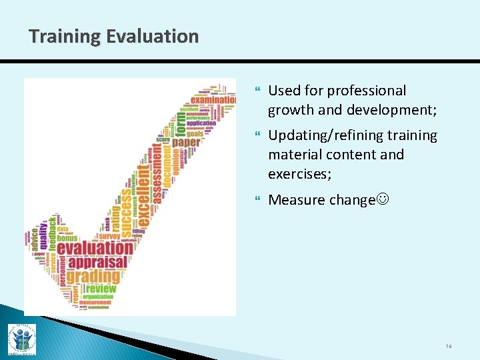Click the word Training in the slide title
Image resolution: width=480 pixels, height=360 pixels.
62,36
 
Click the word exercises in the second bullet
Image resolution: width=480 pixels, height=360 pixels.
298,173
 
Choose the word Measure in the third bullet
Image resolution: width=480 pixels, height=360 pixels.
295,200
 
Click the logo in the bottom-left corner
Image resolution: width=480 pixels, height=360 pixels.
21,339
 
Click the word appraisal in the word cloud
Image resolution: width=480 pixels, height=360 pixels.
97,261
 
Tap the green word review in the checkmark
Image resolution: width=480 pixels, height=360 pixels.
101,289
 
